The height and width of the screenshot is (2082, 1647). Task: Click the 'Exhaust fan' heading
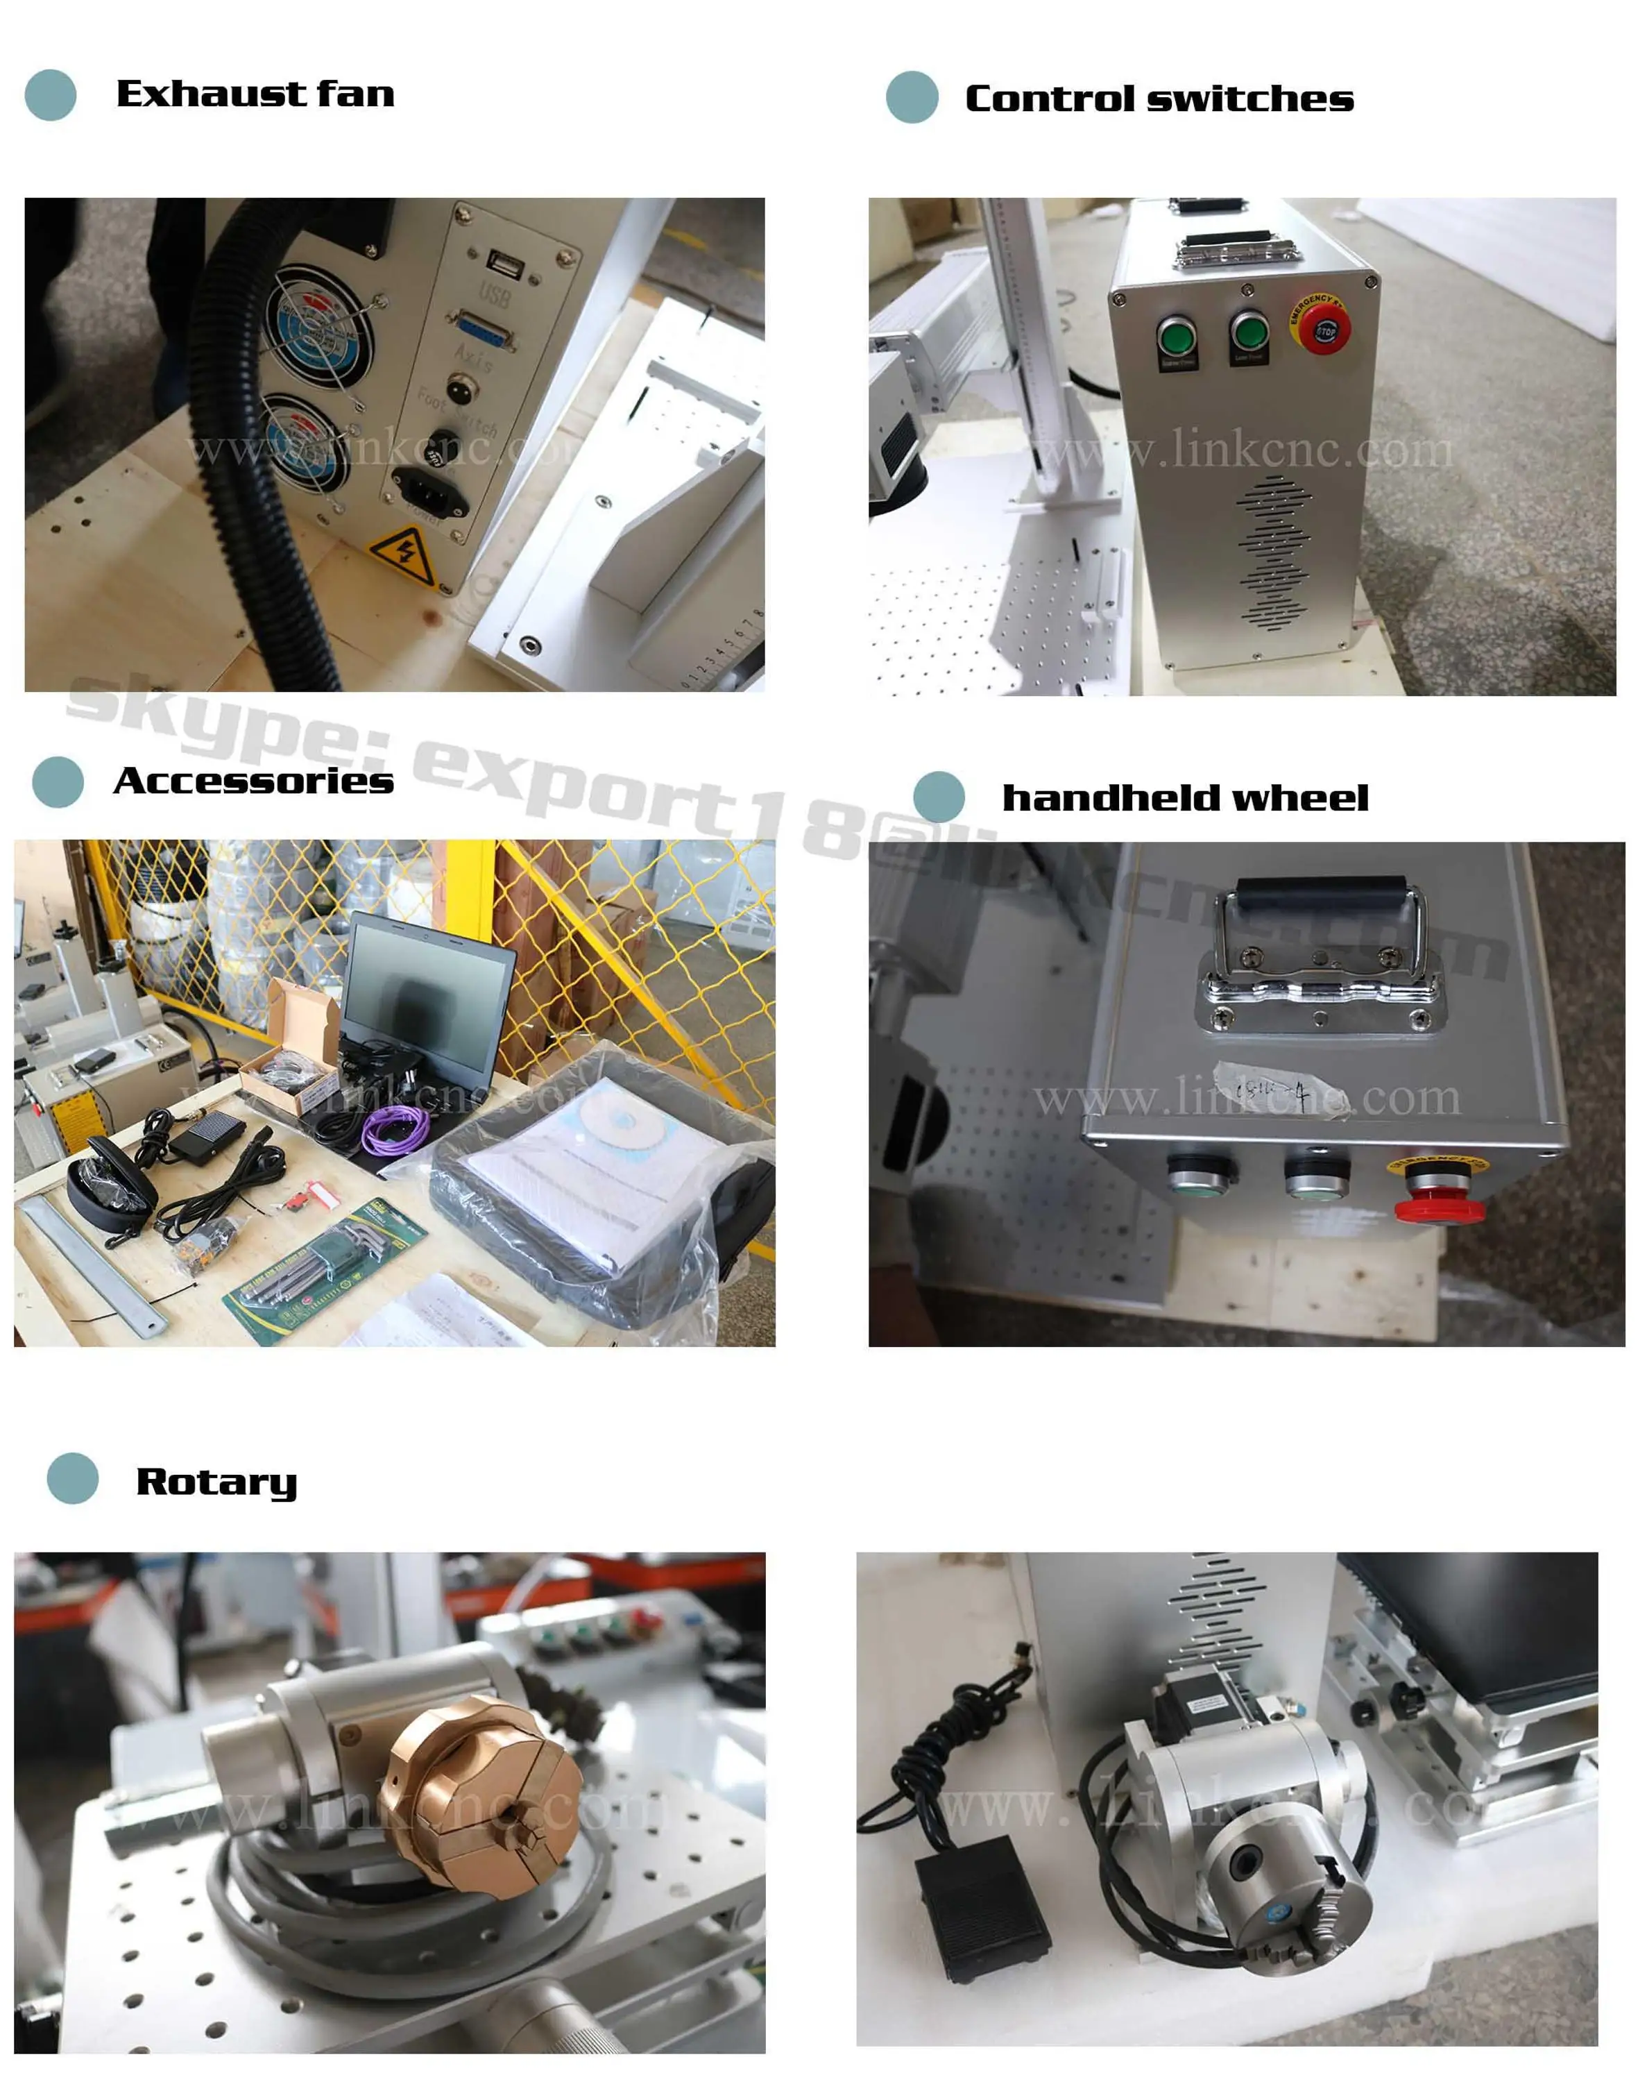pos(255,94)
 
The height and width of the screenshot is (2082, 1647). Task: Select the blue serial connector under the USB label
pos(484,329)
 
